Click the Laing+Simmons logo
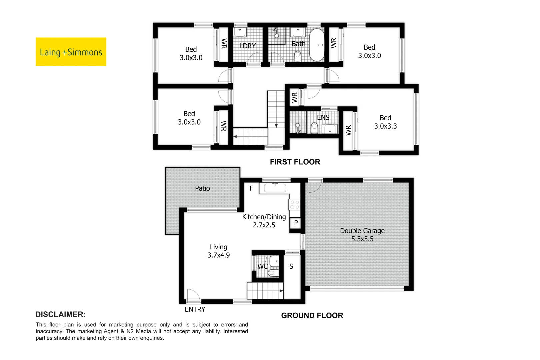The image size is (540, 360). pyautogui.click(x=71, y=52)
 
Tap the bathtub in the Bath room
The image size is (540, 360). pyautogui.click(x=317, y=45)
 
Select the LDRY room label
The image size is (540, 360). pyautogui.click(x=248, y=46)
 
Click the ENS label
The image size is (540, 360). pyautogui.click(x=323, y=117)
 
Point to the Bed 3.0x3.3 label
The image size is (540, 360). pyautogui.click(x=385, y=122)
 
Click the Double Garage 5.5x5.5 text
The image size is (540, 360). pyautogui.click(x=362, y=235)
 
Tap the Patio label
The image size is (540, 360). pyautogui.click(x=203, y=188)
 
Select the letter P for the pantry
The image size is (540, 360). pyautogui.click(x=296, y=223)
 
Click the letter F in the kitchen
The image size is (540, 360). pyautogui.click(x=251, y=188)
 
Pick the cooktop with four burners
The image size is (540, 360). pyautogui.click(x=294, y=205)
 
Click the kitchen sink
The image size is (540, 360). pyautogui.click(x=275, y=188)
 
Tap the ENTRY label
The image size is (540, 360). pyautogui.click(x=195, y=309)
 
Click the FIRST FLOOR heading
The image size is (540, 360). pyautogui.click(x=295, y=162)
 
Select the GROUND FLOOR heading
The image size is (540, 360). pyautogui.click(x=312, y=315)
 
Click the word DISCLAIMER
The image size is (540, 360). pyautogui.click(x=61, y=314)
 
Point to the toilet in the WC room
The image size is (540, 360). pyautogui.click(x=273, y=273)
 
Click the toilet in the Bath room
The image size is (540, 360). pyautogui.click(x=298, y=56)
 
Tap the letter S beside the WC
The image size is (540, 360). pyautogui.click(x=291, y=266)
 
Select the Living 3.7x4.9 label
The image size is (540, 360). pyautogui.click(x=219, y=251)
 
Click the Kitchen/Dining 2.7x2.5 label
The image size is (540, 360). pyautogui.click(x=264, y=221)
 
